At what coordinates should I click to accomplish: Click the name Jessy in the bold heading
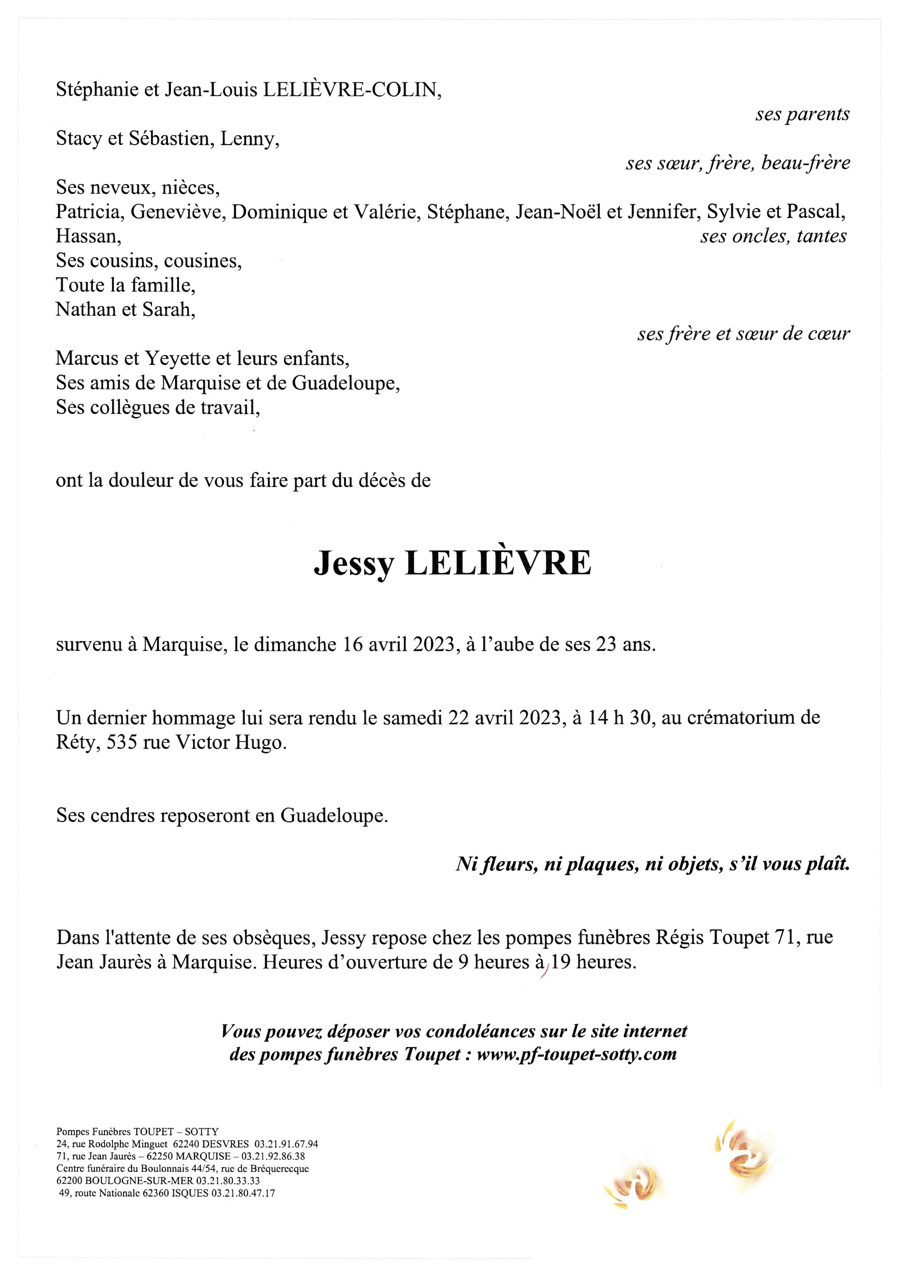click(354, 564)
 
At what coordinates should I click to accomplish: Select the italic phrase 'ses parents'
click(802, 114)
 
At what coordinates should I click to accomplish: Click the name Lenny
click(247, 139)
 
